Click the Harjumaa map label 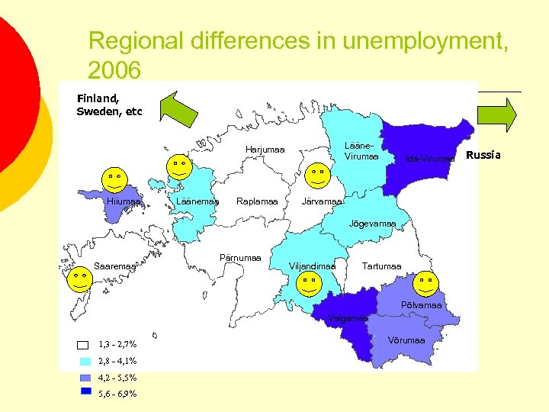[265, 150]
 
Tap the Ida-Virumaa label [430, 159]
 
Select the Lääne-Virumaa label [361, 151]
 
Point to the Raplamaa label [257, 201]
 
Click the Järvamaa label [322, 201]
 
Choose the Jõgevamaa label [372, 224]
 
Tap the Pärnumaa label [240, 258]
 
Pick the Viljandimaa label [312, 266]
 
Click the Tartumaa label [382, 266]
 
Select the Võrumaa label [406, 340]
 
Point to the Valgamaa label [347, 318]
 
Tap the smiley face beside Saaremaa [79, 279]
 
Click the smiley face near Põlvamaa [428, 285]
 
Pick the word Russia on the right [483, 155]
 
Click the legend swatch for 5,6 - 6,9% [85, 391]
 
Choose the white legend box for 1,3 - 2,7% [84, 344]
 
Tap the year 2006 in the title [114, 71]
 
